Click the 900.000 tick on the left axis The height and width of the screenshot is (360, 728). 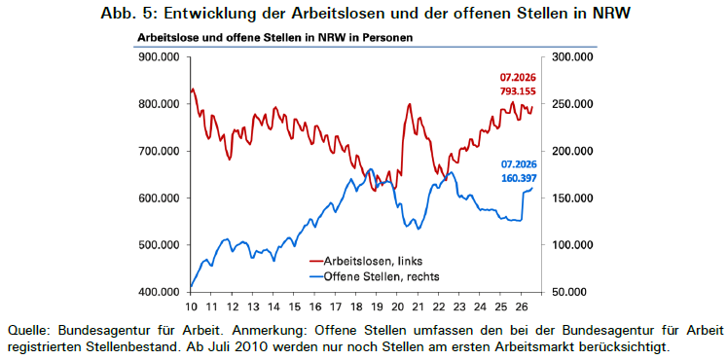click(x=161, y=57)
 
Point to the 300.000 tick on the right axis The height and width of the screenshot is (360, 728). click(x=570, y=57)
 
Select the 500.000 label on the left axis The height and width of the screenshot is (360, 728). click(x=161, y=245)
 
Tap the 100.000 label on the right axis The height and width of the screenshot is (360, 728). click(x=570, y=245)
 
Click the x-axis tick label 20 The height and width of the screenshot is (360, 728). click(x=397, y=306)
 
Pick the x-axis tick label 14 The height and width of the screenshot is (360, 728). click(x=273, y=306)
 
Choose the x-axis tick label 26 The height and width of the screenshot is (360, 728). click(x=521, y=306)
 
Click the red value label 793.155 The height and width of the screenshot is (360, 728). click(x=518, y=91)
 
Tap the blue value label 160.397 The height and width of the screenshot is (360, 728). click(x=518, y=177)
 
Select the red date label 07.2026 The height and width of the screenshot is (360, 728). click(x=518, y=78)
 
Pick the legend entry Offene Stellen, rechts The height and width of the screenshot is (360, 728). click(x=374, y=276)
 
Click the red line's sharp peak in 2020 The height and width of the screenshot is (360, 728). click(x=409, y=104)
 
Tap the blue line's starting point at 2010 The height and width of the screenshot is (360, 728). click(x=191, y=287)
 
